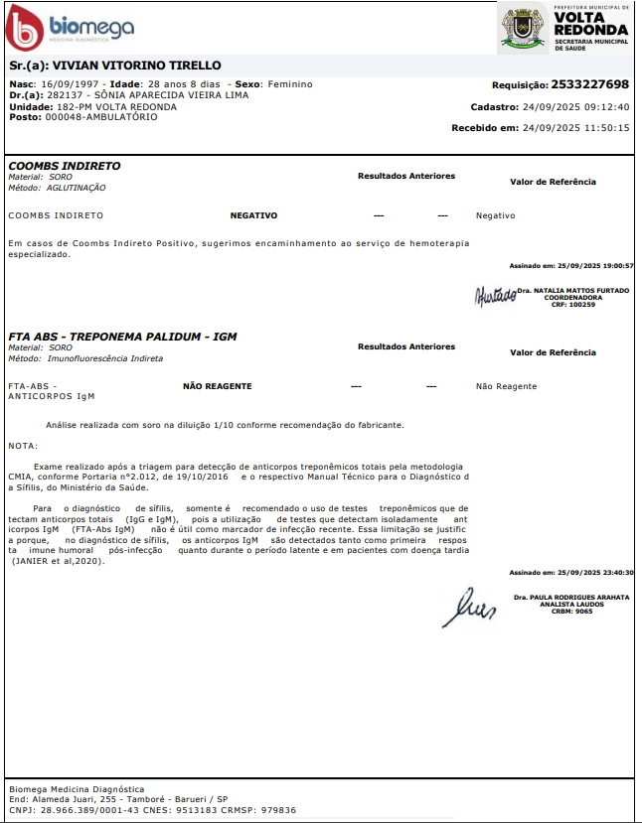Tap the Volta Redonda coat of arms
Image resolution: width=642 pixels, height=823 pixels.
pyautogui.click(x=521, y=27)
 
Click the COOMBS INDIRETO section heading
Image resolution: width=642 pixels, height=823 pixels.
pyautogui.click(x=65, y=166)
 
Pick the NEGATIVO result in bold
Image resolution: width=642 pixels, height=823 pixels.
pyautogui.click(x=253, y=215)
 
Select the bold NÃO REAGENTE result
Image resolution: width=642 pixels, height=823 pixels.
pyautogui.click(x=217, y=386)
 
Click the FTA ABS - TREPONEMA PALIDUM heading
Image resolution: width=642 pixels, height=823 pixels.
pyautogui.click(x=122, y=337)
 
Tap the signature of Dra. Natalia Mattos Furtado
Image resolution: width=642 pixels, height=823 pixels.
pyautogui.click(x=494, y=295)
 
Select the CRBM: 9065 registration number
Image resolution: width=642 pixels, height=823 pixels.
pyautogui.click(x=571, y=612)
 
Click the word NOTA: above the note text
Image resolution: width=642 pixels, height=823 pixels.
pyautogui.click(x=23, y=445)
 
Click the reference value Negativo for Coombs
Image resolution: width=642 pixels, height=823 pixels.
pyautogui.click(x=496, y=215)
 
